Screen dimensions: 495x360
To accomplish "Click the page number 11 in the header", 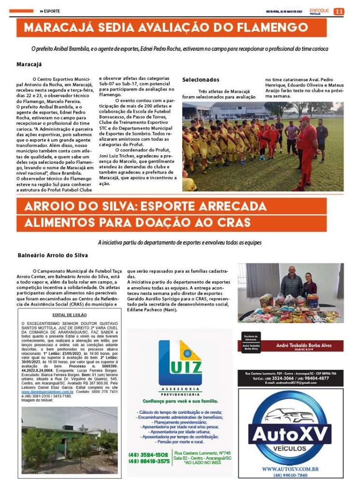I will (339, 11).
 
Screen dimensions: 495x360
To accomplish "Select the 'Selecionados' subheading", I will (201, 80).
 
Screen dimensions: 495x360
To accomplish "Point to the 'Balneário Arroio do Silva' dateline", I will (53, 255).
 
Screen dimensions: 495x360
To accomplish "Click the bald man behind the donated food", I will (291, 282).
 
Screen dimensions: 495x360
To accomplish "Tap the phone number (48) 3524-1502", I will (148, 454).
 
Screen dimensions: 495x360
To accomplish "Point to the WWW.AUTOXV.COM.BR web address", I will (290, 469).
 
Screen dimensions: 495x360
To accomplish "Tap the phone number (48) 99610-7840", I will (290, 475).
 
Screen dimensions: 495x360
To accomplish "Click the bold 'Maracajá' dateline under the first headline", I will (29, 64).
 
